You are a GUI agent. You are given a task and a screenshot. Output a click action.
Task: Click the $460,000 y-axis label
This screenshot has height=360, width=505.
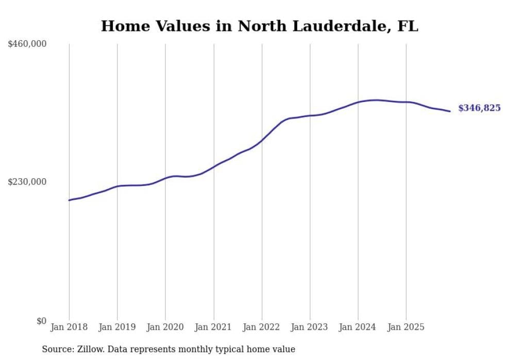[27, 44]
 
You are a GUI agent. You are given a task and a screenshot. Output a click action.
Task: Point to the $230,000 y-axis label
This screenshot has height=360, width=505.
[27, 182]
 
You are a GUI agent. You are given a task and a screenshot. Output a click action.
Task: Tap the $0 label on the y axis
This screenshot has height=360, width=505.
[41, 321]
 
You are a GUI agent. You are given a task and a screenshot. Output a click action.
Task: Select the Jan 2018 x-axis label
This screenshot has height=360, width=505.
[69, 327]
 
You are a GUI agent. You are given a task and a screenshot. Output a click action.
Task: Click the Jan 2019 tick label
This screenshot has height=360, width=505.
[117, 327]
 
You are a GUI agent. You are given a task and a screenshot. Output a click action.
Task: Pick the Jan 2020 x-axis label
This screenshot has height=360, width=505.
[165, 327]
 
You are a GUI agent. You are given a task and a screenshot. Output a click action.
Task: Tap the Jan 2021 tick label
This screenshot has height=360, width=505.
[213, 327]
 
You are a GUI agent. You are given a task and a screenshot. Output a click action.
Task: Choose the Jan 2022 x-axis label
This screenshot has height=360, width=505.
[262, 327]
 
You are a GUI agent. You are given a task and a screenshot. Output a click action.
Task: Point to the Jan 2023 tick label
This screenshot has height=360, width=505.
[310, 327]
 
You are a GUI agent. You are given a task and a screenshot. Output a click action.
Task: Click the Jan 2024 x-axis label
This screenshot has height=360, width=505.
[358, 327]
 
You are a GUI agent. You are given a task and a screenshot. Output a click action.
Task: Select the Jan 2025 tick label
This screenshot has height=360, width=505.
[406, 327]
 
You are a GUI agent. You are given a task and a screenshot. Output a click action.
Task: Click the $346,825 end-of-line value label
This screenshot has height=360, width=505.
[479, 108]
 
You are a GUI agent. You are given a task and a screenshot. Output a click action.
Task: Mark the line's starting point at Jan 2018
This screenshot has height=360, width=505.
[69, 200]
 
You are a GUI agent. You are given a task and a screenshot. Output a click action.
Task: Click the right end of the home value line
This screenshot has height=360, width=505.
[450, 111]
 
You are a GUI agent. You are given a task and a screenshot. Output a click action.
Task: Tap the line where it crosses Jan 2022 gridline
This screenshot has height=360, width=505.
[262, 140]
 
